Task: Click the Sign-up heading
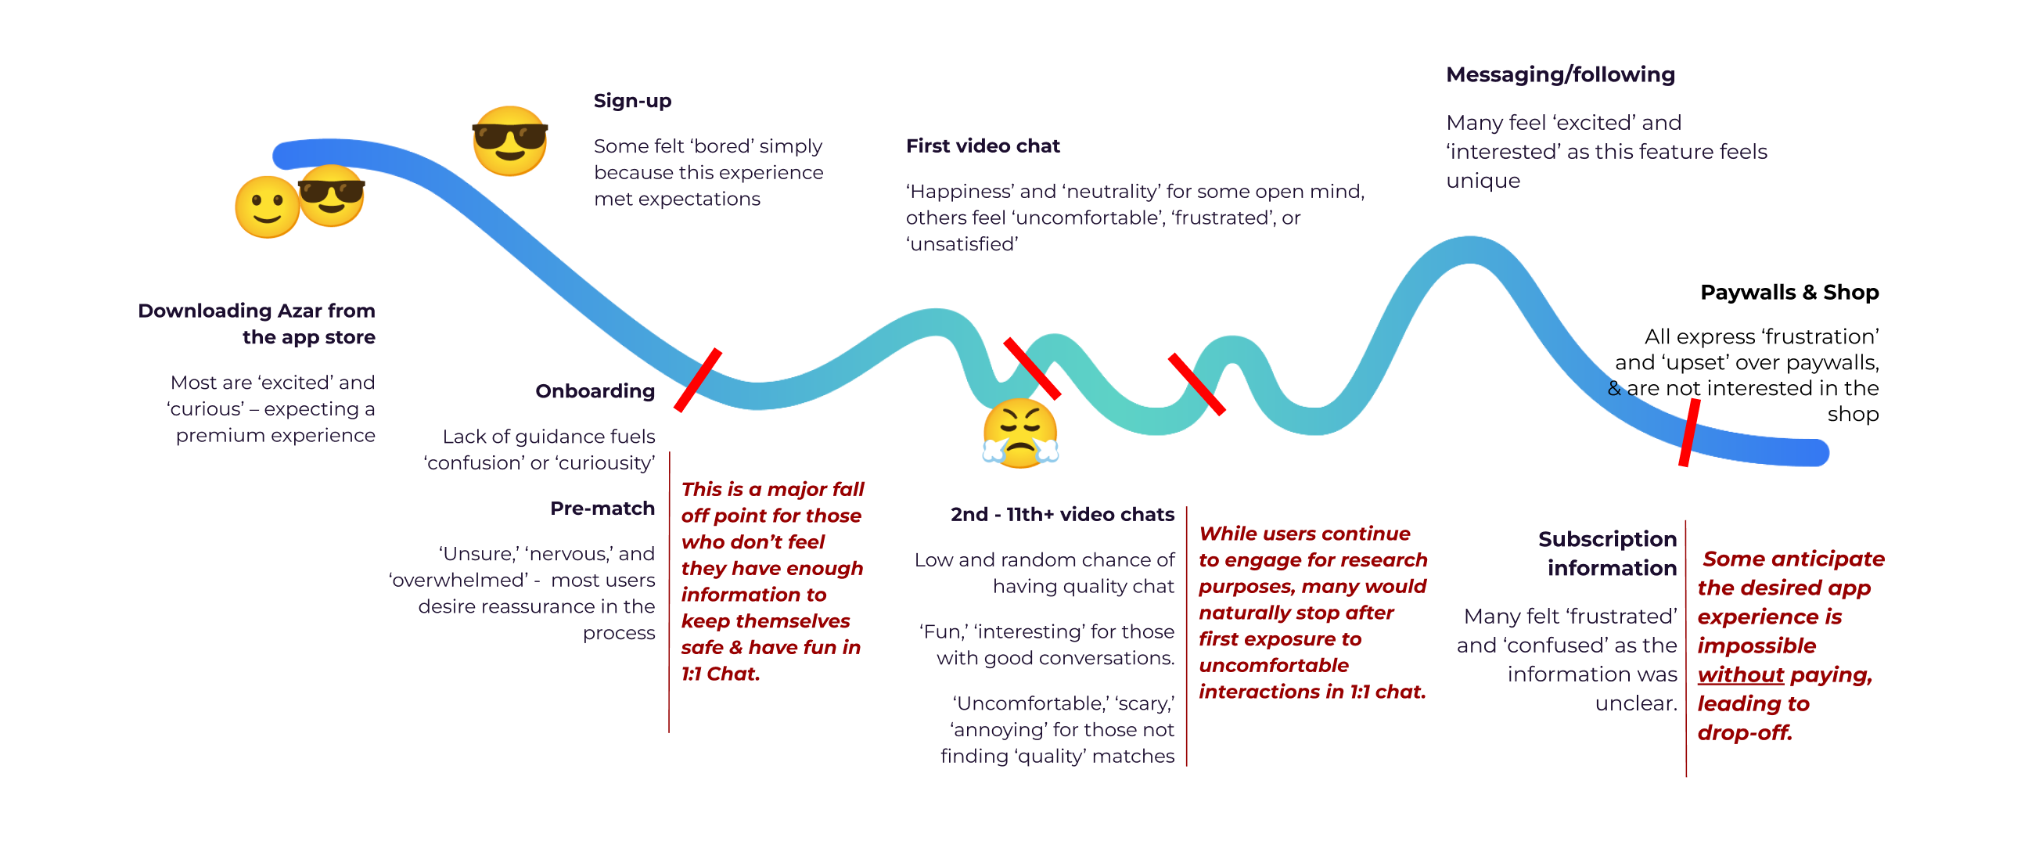click(x=632, y=102)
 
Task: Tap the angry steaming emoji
click(x=1020, y=433)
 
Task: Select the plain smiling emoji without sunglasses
click(x=267, y=207)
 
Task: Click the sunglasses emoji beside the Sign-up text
click(x=509, y=141)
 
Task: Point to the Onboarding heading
click(x=595, y=391)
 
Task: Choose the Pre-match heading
click(x=602, y=509)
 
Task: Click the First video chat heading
click(x=983, y=146)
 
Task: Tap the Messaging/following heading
click(x=1560, y=75)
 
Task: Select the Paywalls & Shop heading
click(x=1789, y=292)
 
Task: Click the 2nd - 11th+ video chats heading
click(x=1062, y=515)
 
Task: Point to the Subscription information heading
click(x=1608, y=554)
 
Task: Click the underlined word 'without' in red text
click(x=1740, y=675)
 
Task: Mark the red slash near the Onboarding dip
click(x=698, y=380)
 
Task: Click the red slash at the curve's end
click(x=1688, y=433)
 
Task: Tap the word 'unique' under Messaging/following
click(x=1483, y=182)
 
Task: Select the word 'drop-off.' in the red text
click(x=1745, y=733)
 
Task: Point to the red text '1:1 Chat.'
click(x=721, y=674)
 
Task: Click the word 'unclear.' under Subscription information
click(x=1636, y=703)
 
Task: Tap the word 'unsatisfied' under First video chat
click(x=962, y=244)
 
